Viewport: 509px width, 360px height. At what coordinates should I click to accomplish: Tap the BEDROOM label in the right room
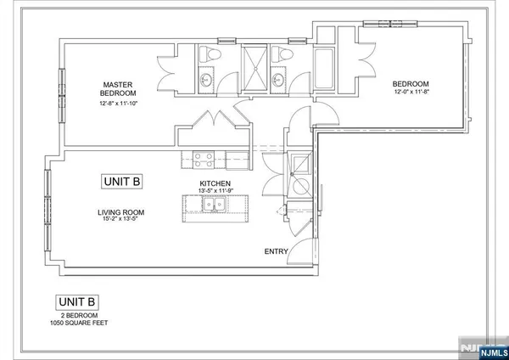410,83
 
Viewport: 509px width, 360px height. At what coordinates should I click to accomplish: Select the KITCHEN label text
215,183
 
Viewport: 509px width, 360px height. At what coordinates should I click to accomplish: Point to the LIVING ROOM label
120,212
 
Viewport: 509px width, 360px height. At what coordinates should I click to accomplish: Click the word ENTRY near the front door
277,251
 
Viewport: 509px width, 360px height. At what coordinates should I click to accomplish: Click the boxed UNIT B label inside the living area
121,181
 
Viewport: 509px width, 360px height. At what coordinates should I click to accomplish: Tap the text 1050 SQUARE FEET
77,323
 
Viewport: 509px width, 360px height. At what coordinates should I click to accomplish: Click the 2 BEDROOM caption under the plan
77,316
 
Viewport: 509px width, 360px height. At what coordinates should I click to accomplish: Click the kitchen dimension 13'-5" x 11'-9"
215,192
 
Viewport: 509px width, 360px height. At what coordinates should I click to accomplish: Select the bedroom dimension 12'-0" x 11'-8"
410,92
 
